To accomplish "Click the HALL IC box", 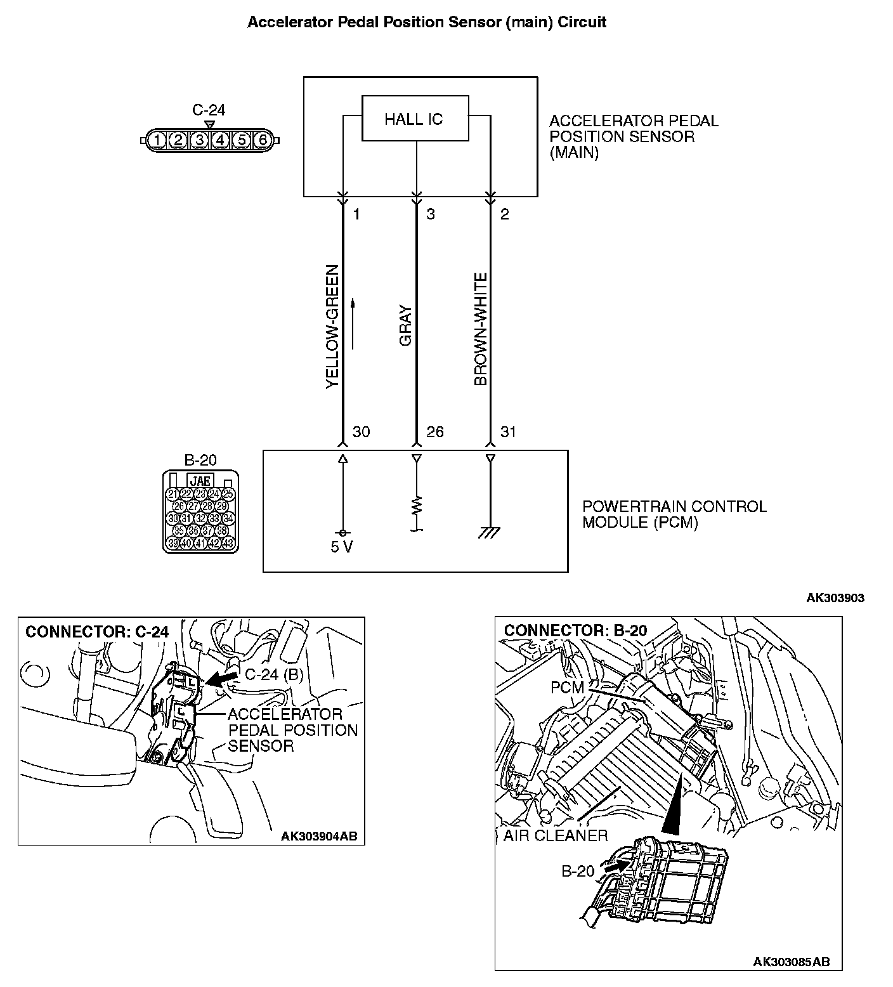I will [415, 119].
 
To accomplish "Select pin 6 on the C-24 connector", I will [262, 140].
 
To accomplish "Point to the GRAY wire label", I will [406, 327].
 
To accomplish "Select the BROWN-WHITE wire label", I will [481, 329].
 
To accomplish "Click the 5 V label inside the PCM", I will [342, 547].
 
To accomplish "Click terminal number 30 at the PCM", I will [361, 432].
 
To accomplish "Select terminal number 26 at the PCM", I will [435, 432].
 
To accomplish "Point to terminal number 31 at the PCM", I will [508, 432].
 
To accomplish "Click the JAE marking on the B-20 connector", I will [200, 481].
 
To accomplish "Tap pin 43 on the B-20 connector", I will [228, 543].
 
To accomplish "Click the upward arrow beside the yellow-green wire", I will [353, 324].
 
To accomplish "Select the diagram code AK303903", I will [835, 598].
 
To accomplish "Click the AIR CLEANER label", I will [556, 835].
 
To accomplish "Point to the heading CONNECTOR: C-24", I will [97, 632].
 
